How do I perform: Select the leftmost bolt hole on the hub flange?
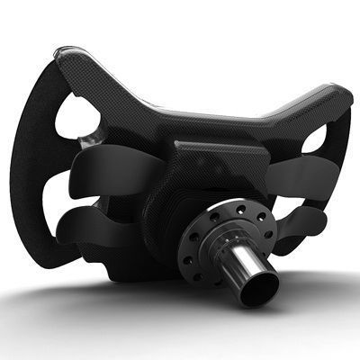[x=193, y=240]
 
